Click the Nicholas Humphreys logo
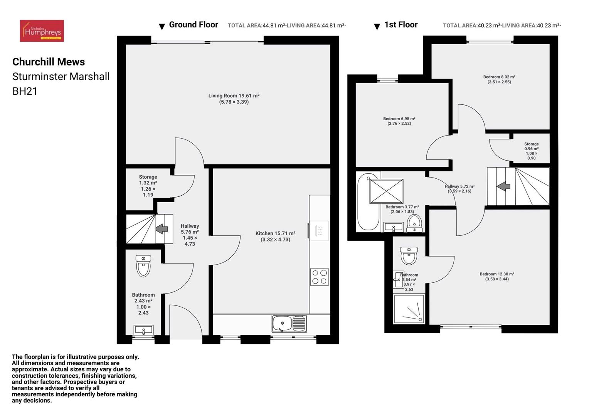point(42,31)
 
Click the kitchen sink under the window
point(289,323)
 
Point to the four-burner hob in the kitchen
point(319,277)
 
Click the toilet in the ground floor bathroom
point(143,266)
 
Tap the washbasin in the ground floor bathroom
point(143,330)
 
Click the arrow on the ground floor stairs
point(162,229)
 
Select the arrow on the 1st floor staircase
point(503,186)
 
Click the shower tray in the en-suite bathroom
point(409,309)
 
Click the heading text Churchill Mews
point(49,62)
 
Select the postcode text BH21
point(25,91)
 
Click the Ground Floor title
point(194,25)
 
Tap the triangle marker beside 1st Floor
point(377,27)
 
